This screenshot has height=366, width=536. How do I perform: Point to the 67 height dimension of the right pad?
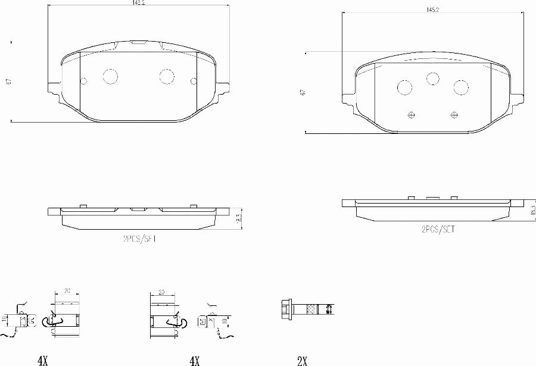pyautogui.click(x=303, y=92)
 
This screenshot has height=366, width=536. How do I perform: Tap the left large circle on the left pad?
pyautogui.click(x=111, y=76)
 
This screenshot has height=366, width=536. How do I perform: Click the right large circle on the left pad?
pyautogui.click(x=166, y=76)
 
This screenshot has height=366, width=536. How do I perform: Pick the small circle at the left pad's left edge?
pyautogui.click(x=84, y=81)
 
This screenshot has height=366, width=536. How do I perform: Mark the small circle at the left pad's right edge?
pyautogui.click(x=192, y=81)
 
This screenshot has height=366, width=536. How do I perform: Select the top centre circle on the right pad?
pyautogui.click(x=432, y=78)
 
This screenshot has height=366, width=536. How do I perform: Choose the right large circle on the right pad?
pyautogui.click(x=461, y=87)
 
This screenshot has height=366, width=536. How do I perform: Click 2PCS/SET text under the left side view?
pyautogui.click(x=139, y=239)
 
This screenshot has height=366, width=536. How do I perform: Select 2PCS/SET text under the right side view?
pyautogui.click(x=438, y=229)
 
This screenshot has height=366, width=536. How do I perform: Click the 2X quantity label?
pyautogui.click(x=302, y=360)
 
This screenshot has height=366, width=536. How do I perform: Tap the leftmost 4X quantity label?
pyautogui.click(x=42, y=360)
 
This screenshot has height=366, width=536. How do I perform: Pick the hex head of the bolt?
pyautogui.click(x=285, y=309)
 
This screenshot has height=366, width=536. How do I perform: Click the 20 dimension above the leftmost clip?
pyautogui.click(x=67, y=291)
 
